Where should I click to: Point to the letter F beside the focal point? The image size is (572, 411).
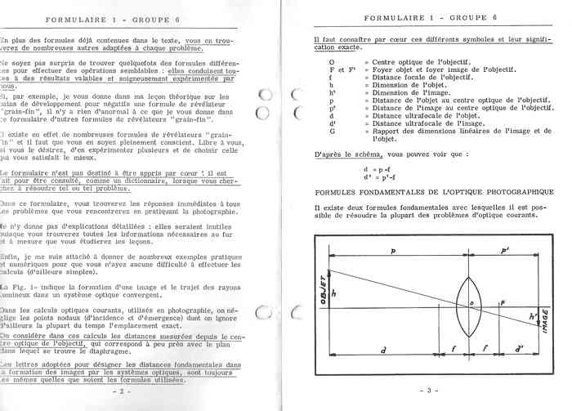(503, 302)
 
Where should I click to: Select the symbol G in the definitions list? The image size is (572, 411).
(332, 131)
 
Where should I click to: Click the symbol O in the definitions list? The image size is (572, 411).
(331, 62)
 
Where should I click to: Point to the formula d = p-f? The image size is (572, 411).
(378, 169)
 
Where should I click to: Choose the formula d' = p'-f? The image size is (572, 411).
(380, 177)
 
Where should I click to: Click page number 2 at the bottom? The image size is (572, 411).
(120, 391)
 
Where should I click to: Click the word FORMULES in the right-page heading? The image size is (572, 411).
(337, 191)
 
